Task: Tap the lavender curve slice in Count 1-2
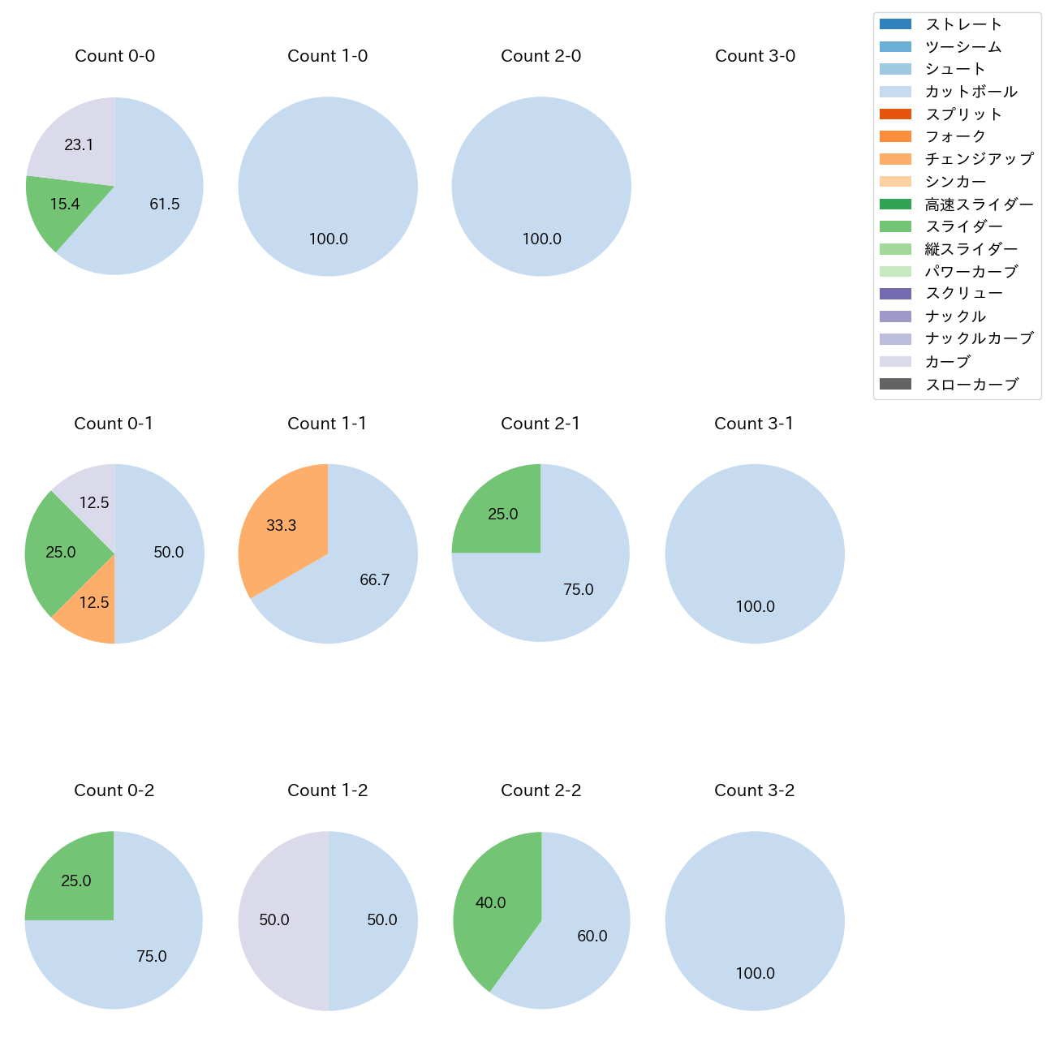click(x=276, y=920)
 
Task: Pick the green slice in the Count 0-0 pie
click(x=61, y=208)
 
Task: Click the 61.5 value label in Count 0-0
click(x=165, y=205)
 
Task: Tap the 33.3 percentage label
click(x=282, y=526)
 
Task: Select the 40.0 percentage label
click(x=491, y=903)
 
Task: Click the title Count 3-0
click(x=755, y=56)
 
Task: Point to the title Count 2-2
click(x=540, y=790)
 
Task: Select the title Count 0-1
click(x=114, y=424)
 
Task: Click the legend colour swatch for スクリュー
click(x=895, y=294)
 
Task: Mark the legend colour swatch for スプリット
click(x=895, y=114)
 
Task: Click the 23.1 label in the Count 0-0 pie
click(x=80, y=145)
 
